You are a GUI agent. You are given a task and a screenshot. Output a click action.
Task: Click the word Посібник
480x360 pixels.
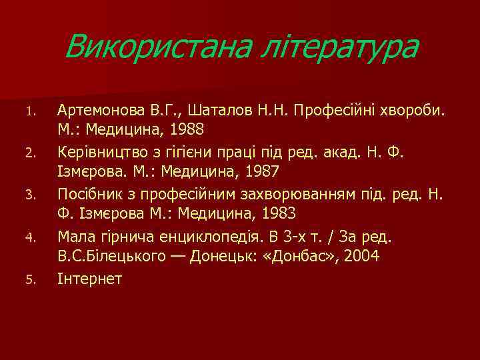point(89,194)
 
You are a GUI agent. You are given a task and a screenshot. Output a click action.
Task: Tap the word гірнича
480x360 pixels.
point(119,237)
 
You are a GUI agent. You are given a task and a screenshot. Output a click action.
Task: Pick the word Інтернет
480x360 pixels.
point(90,279)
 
